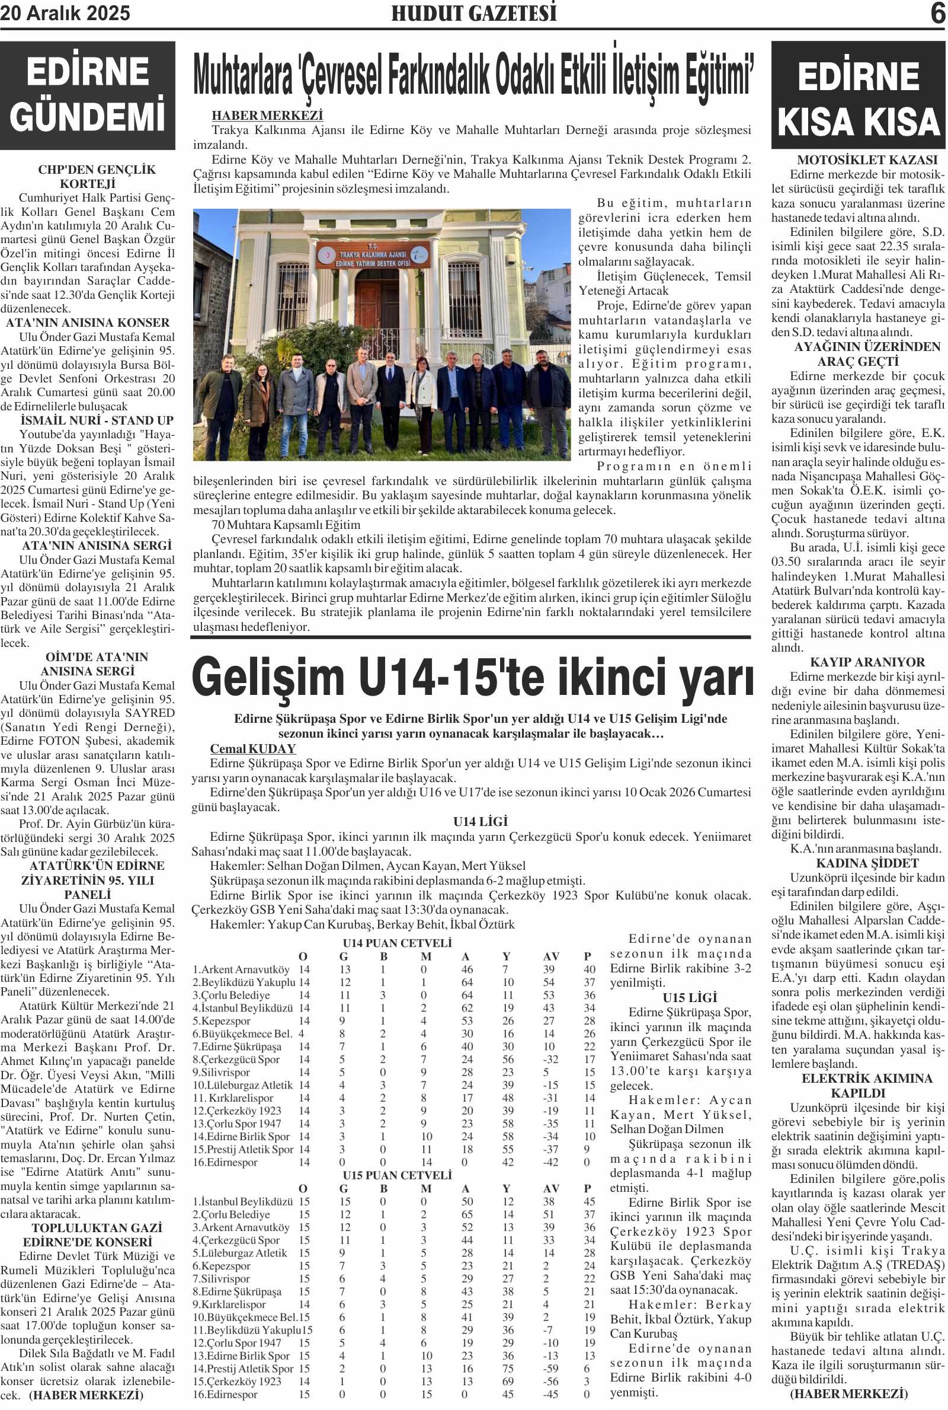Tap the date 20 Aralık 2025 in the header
click(65, 13)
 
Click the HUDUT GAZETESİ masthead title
click(474, 13)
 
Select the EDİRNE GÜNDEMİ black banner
click(88, 95)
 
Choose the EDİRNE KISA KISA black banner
click(859, 95)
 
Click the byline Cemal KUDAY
click(253, 749)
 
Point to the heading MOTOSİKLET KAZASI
click(859, 160)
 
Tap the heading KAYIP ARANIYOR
click(859, 662)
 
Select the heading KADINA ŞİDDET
click(859, 863)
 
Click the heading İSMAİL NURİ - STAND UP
click(97, 420)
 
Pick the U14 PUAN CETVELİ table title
click(397, 943)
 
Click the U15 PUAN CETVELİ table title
click(397, 1175)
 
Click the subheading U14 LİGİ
click(481, 821)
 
